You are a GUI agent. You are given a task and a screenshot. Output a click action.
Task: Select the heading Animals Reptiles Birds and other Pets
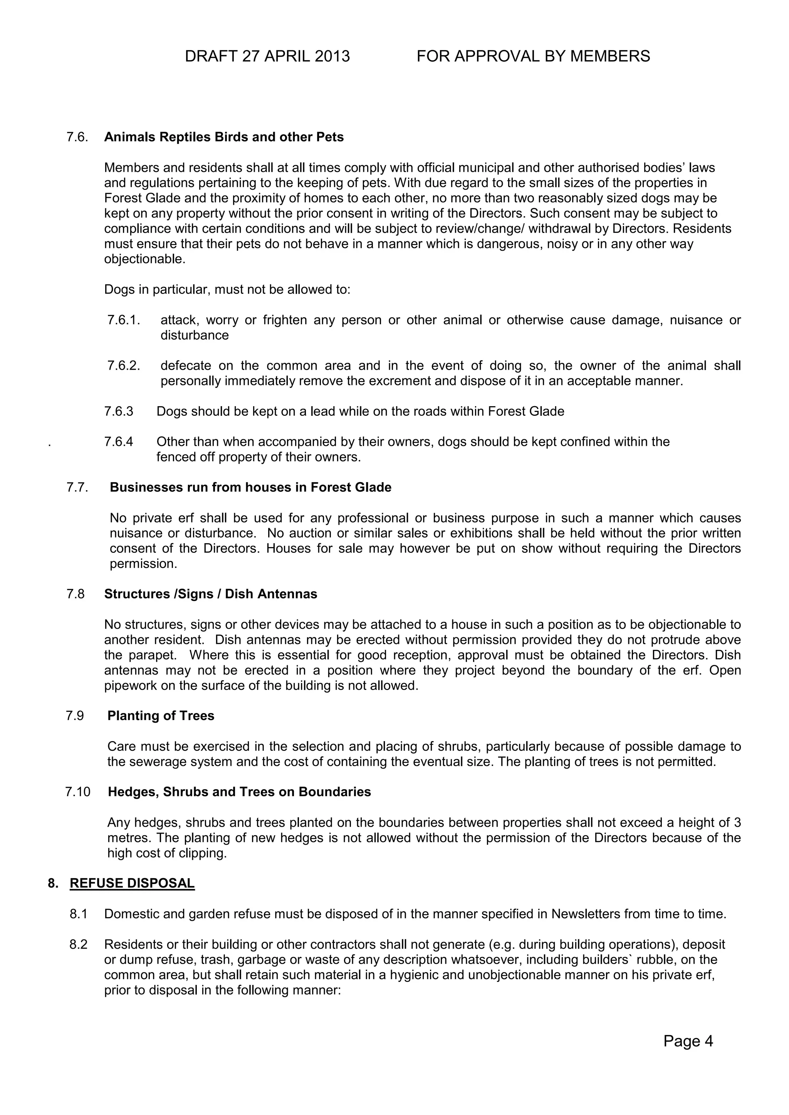pos(224,137)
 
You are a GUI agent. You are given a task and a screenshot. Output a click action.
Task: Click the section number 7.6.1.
pos(124,320)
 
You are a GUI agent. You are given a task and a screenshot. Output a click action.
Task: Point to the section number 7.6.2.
pos(124,366)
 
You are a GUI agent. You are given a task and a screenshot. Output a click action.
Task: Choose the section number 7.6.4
pos(119,442)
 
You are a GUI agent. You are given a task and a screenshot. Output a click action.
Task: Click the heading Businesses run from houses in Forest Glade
pos(251,487)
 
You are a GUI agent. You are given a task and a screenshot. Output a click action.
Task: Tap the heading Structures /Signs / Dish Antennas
pos(211,594)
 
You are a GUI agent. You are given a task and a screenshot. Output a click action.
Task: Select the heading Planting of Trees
pos(161,716)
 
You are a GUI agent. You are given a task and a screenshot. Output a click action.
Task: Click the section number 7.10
pos(78,792)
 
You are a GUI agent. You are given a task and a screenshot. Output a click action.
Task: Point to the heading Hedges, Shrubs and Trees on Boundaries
pos(239,792)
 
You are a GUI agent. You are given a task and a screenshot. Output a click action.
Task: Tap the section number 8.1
pos(78,914)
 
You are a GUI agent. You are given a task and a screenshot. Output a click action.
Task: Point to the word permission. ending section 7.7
pos(143,564)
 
